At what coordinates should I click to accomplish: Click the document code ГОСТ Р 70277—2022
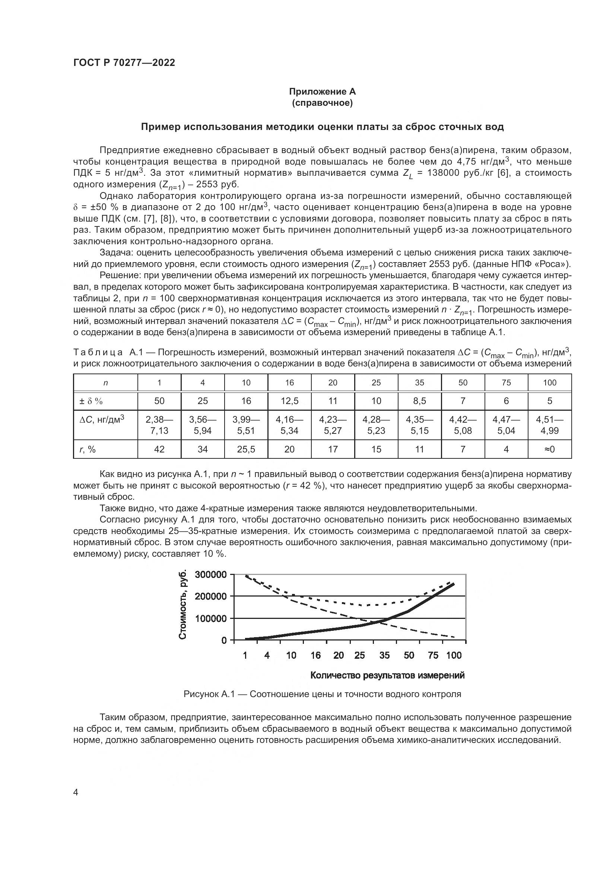pyautogui.click(x=124, y=63)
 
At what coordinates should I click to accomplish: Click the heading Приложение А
pyautogui.click(x=322, y=92)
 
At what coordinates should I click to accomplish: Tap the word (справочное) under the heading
pyautogui.click(x=322, y=103)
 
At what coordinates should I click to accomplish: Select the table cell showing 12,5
pyautogui.click(x=289, y=401)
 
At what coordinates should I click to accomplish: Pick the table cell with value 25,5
pyautogui.click(x=246, y=449)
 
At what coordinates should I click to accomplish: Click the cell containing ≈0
pyautogui.click(x=550, y=449)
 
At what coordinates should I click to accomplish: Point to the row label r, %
pyautogui.click(x=88, y=449)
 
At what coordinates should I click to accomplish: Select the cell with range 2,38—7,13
pyautogui.click(x=159, y=425)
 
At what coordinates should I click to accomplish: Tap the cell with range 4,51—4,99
pyautogui.click(x=550, y=425)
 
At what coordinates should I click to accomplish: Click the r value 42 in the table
pyautogui.click(x=159, y=449)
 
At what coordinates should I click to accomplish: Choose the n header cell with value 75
pyautogui.click(x=507, y=383)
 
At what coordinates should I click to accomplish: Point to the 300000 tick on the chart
pyautogui.click(x=211, y=575)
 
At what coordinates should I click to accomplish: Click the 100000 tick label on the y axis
pyautogui.click(x=211, y=619)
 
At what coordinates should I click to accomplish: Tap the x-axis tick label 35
pyautogui.click(x=384, y=655)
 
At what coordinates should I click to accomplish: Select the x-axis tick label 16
pyautogui.click(x=315, y=655)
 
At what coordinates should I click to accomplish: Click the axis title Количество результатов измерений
pyautogui.click(x=387, y=675)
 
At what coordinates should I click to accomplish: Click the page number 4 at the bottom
pyautogui.click(x=76, y=792)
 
